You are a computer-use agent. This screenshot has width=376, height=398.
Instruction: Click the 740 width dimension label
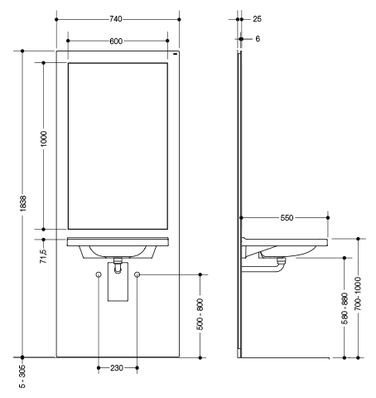pos(116,19)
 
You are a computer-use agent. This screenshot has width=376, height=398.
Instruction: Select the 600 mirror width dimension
pos(116,41)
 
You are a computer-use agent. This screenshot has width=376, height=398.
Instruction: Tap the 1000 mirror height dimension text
pos(44,138)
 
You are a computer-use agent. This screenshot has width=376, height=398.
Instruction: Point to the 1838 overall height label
pos(22,203)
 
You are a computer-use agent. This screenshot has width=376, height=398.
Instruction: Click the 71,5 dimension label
pos(43,256)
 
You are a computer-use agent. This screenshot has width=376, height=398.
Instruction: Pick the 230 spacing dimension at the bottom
pos(117,368)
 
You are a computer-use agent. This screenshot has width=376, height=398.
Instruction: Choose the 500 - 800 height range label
pos(200,314)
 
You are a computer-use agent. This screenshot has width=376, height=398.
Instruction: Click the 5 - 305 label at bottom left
pos(22,376)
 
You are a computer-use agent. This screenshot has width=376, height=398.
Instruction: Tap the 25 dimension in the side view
pos(257,19)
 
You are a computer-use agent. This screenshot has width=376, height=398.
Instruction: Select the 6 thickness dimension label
pos(258,39)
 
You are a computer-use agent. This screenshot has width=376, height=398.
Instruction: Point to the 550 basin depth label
pos(287,218)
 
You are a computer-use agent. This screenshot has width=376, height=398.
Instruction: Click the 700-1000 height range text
pos(358,294)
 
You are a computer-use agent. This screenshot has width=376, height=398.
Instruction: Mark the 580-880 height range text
pos(345,308)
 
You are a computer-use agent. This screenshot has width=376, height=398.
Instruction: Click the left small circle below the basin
pos(99,274)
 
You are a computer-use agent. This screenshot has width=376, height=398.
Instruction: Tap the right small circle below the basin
pos(137,274)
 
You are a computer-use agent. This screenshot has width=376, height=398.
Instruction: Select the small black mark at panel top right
pos(175,54)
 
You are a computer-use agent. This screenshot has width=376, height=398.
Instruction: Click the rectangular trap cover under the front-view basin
pos(118,282)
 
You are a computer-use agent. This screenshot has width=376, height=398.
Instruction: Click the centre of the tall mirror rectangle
pos(118,146)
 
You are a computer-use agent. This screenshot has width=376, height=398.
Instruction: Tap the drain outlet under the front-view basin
pos(118,265)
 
